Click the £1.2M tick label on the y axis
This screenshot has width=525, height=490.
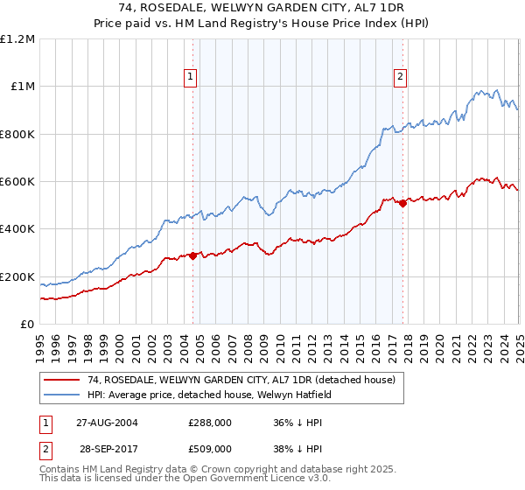[17, 38]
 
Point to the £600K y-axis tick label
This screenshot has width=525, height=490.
[17, 181]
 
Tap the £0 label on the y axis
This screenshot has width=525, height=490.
[28, 324]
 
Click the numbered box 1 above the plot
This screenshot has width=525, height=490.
[192, 77]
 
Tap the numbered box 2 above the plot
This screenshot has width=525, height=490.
[401, 77]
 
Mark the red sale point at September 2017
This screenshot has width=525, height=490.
[402, 203]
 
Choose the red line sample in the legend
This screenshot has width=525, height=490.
[62, 380]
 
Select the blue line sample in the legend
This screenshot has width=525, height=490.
[62, 395]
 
